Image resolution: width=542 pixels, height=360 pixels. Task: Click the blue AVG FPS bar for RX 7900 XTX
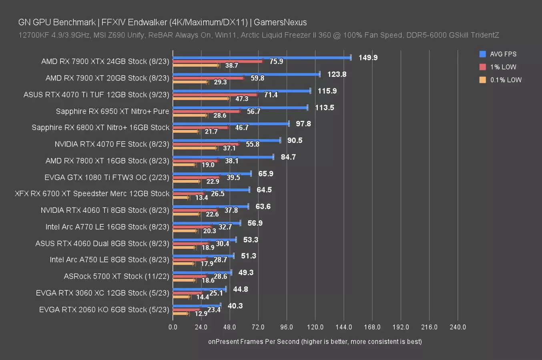[262, 58]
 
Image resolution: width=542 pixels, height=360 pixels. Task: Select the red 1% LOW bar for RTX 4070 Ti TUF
[215, 95]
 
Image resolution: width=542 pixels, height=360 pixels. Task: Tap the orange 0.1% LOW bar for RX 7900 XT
[190, 82]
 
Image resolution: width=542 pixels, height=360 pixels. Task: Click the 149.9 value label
[368, 58]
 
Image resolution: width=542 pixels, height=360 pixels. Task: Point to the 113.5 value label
[324, 108]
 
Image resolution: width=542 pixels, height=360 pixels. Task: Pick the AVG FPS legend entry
[503, 54]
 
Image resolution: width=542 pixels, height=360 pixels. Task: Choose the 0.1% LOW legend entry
[506, 80]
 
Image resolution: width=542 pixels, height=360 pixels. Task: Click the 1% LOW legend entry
[503, 67]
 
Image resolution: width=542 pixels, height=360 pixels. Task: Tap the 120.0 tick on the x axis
[315, 327]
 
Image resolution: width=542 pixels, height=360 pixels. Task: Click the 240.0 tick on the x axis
[458, 327]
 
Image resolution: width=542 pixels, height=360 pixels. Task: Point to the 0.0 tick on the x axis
[173, 327]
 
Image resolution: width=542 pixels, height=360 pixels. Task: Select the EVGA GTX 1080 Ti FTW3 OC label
[107, 177]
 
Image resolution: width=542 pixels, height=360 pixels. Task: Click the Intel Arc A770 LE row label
[107, 227]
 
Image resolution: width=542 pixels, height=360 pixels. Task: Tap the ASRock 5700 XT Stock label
[116, 276]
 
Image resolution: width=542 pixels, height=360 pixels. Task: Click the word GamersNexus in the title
[280, 22]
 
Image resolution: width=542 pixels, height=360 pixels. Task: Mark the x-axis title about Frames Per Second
[315, 342]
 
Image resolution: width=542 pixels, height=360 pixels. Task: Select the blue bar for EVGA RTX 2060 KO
[197, 306]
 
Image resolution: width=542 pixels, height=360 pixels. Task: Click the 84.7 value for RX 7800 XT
[288, 157]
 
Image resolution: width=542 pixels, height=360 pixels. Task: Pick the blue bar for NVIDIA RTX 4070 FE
[227, 140]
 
